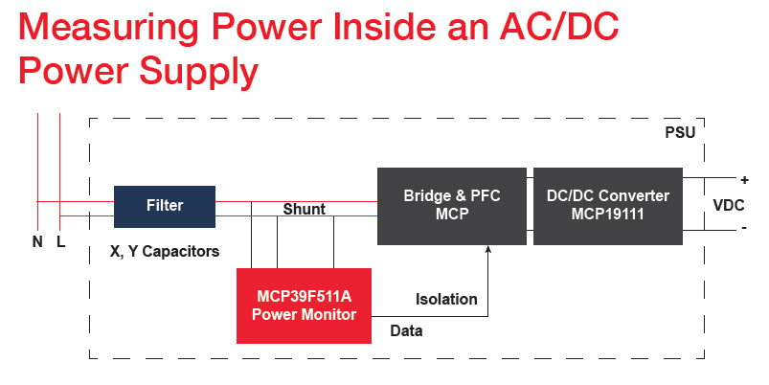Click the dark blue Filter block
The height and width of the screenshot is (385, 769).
[x=164, y=206]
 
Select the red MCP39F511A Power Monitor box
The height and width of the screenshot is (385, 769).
[x=304, y=305]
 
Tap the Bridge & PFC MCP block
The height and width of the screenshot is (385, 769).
[x=451, y=206]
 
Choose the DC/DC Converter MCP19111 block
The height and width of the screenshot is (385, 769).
[x=607, y=206]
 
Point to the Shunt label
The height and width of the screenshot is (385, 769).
[x=304, y=210]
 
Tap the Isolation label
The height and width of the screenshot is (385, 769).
[x=446, y=299]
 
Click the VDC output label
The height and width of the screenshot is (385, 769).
[x=729, y=205]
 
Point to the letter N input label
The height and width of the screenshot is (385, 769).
[x=37, y=242]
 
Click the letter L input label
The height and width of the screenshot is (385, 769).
[x=60, y=242]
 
